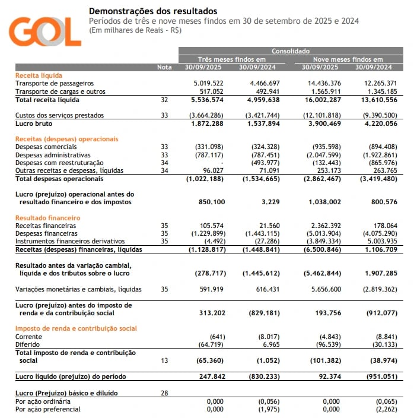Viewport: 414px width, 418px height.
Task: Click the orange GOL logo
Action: [x=45, y=31]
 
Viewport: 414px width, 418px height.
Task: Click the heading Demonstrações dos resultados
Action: [x=152, y=11]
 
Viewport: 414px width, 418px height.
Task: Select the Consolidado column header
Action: [x=290, y=52]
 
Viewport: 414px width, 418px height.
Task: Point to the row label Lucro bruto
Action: [x=34, y=123]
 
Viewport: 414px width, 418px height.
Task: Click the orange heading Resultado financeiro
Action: [x=47, y=218]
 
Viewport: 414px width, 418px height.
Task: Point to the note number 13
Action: [x=164, y=360]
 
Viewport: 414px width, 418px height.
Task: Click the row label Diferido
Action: [x=27, y=344]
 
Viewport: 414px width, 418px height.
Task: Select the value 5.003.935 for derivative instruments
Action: [x=381, y=241]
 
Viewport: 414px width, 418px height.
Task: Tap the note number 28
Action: [x=164, y=393]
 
